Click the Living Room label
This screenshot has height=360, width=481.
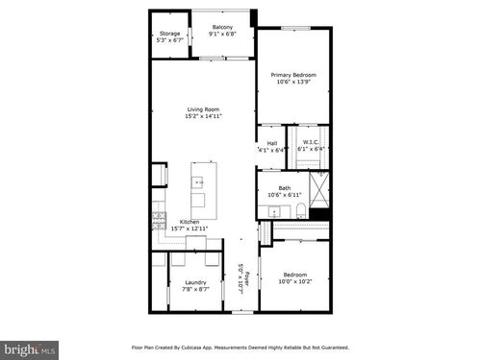coord(203,109)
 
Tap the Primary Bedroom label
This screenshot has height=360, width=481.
coord(293,75)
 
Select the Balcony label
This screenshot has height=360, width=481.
coord(222,28)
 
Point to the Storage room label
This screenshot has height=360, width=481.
coord(169,34)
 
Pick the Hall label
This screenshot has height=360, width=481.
coord(272,144)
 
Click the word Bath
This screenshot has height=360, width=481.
coord(285,188)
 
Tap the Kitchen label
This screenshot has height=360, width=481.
coord(190,222)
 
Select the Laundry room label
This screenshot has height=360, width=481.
coord(195,282)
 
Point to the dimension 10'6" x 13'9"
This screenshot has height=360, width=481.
coord(293,82)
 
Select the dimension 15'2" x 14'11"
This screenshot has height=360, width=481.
coord(203,116)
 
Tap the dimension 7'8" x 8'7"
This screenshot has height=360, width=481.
coord(195,289)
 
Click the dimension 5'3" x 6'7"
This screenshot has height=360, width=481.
coord(169,40)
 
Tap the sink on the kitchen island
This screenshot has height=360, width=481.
coord(200,180)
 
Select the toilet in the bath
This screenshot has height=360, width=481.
coord(300,211)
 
